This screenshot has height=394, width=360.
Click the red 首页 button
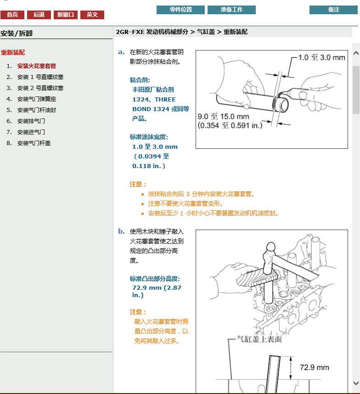12,15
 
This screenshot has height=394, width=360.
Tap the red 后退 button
39,15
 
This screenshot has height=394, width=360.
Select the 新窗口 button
66,15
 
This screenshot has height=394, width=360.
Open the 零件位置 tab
180,10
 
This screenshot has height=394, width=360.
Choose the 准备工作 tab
231,10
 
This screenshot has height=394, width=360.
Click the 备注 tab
333,10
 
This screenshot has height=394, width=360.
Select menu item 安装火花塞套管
37,66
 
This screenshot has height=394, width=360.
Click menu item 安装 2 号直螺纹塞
40,88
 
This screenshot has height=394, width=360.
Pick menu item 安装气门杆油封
37,110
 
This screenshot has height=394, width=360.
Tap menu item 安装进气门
31,132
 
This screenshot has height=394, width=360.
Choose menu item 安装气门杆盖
34,143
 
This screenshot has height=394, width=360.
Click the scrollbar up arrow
356,53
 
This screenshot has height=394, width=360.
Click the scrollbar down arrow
356,383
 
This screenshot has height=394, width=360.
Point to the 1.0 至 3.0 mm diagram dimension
321,57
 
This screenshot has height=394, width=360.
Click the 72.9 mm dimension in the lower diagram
314,367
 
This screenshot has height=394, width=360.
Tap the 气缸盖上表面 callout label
259,339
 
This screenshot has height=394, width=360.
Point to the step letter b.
121,231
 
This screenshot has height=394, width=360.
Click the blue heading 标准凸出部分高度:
155,279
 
